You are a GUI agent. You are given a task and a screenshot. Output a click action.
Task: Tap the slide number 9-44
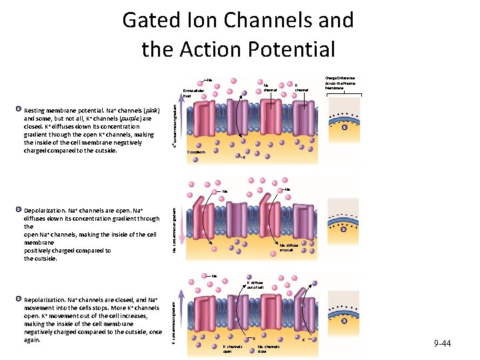(x=441, y=343)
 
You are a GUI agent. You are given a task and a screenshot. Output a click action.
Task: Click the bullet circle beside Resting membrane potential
(x=19, y=107)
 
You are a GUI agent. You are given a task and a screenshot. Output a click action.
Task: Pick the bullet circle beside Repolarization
(x=19, y=301)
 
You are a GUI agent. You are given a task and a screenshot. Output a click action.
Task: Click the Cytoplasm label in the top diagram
(x=197, y=153)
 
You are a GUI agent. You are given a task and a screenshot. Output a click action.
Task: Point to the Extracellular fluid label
(x=192, y=93)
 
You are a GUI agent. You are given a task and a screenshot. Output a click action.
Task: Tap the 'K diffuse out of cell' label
(x=257, y=285)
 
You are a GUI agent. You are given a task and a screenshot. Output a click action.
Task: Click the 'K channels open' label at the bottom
(x=231, y=349)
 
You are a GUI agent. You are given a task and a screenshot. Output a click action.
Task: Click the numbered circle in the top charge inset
(x=345, y=127)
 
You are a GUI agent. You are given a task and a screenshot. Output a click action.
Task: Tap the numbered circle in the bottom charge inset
(x=345, y=320)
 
